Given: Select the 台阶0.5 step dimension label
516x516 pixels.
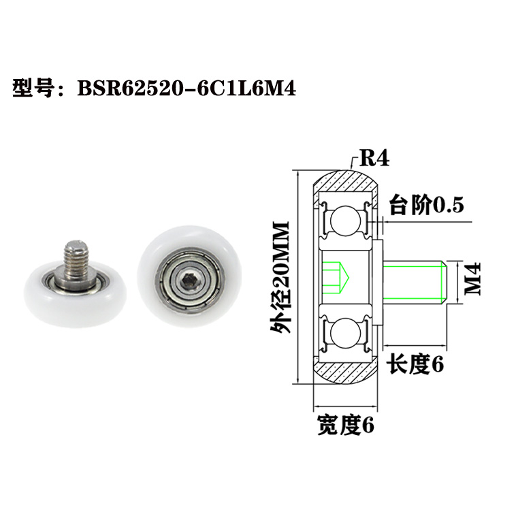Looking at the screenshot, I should point(425,204).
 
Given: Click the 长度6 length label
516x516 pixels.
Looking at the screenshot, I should point(415,365).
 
